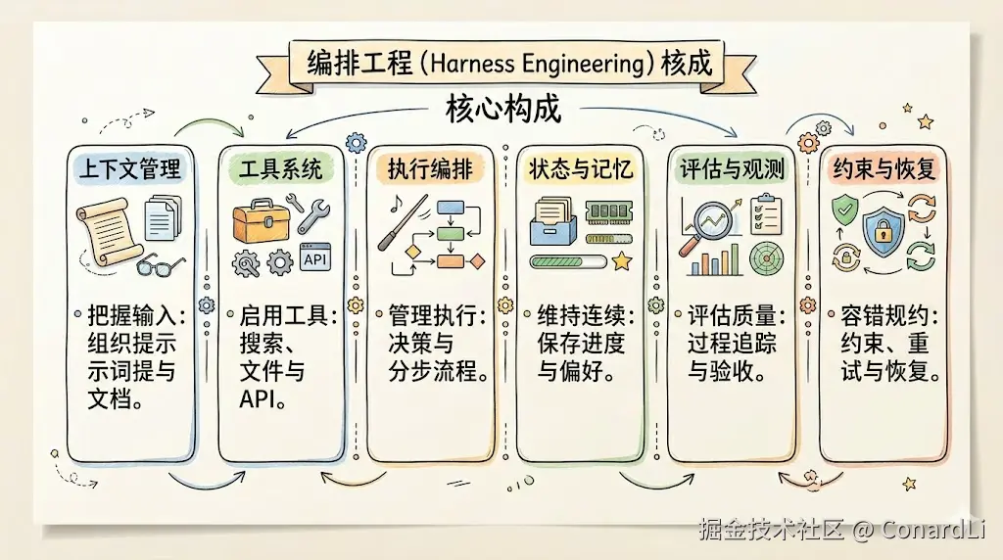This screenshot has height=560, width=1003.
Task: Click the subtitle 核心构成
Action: tap(503, 109)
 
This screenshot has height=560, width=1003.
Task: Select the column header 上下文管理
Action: tap(130, 169)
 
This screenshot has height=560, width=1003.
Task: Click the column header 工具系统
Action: tap(281, 169)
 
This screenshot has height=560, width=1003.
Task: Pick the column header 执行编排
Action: tap(431, 169)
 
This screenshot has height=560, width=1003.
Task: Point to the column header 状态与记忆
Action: tap(580, 169)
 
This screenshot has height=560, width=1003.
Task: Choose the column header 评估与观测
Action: tap(732, 169)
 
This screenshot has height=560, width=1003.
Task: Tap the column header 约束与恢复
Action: tap(884, 169)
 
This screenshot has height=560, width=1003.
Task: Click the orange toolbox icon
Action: tap(261, 220)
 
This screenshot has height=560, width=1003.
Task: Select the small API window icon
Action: tap(315, 257)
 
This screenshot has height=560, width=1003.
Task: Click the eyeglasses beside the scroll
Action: tap(161, 264)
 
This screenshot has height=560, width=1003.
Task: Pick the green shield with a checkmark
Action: tap(844, 210)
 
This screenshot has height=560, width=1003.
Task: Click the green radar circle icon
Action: tap(766, 258)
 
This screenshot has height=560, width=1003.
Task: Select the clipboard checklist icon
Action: tap(766, 213)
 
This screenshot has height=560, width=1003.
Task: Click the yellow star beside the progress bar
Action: tap(621, 260)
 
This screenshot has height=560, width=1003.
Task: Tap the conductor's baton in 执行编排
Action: tap(403, 223)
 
